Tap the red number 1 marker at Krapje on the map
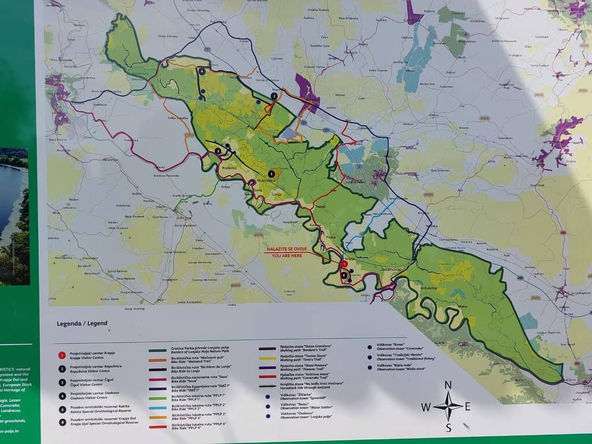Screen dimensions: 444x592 (x=345, y=264)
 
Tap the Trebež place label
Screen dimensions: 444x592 (x=321, y=206)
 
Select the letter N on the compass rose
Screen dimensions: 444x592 (x=448, y=386)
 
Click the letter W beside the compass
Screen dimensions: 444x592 (x=425, y=407)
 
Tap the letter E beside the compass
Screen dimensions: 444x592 (x=467, y=406)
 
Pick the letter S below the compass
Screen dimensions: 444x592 (x=448, y=428)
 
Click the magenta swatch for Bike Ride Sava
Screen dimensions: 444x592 (x=157, y=378)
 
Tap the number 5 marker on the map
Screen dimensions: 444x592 (x=271, y=173)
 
